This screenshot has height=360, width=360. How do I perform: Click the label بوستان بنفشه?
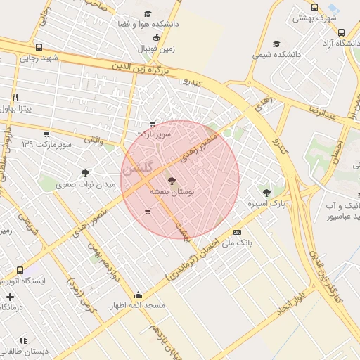click(x=185, y=191)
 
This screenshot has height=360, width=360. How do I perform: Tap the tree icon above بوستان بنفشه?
click(x=172, y=181)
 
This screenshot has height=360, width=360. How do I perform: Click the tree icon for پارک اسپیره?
click(x=266, y=192)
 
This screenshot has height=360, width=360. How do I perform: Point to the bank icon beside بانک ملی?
click(x=237, y=232)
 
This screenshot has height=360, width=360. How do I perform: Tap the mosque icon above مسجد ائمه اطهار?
click(x=138, y=295)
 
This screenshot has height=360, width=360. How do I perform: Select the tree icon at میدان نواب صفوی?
click(x=85, y=172)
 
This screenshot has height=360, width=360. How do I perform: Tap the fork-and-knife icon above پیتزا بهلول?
click(x=15, y=96)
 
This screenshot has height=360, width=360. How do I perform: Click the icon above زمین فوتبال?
click(x=156, y=37)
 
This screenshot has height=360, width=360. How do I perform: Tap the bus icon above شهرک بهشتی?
click(x=314, y=7)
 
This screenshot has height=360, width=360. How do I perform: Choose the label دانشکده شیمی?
click(x=276, y=53)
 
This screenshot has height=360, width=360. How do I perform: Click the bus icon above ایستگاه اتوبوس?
click(x=19, y=270)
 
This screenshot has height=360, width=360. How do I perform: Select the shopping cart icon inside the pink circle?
click(x=147, y=211)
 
